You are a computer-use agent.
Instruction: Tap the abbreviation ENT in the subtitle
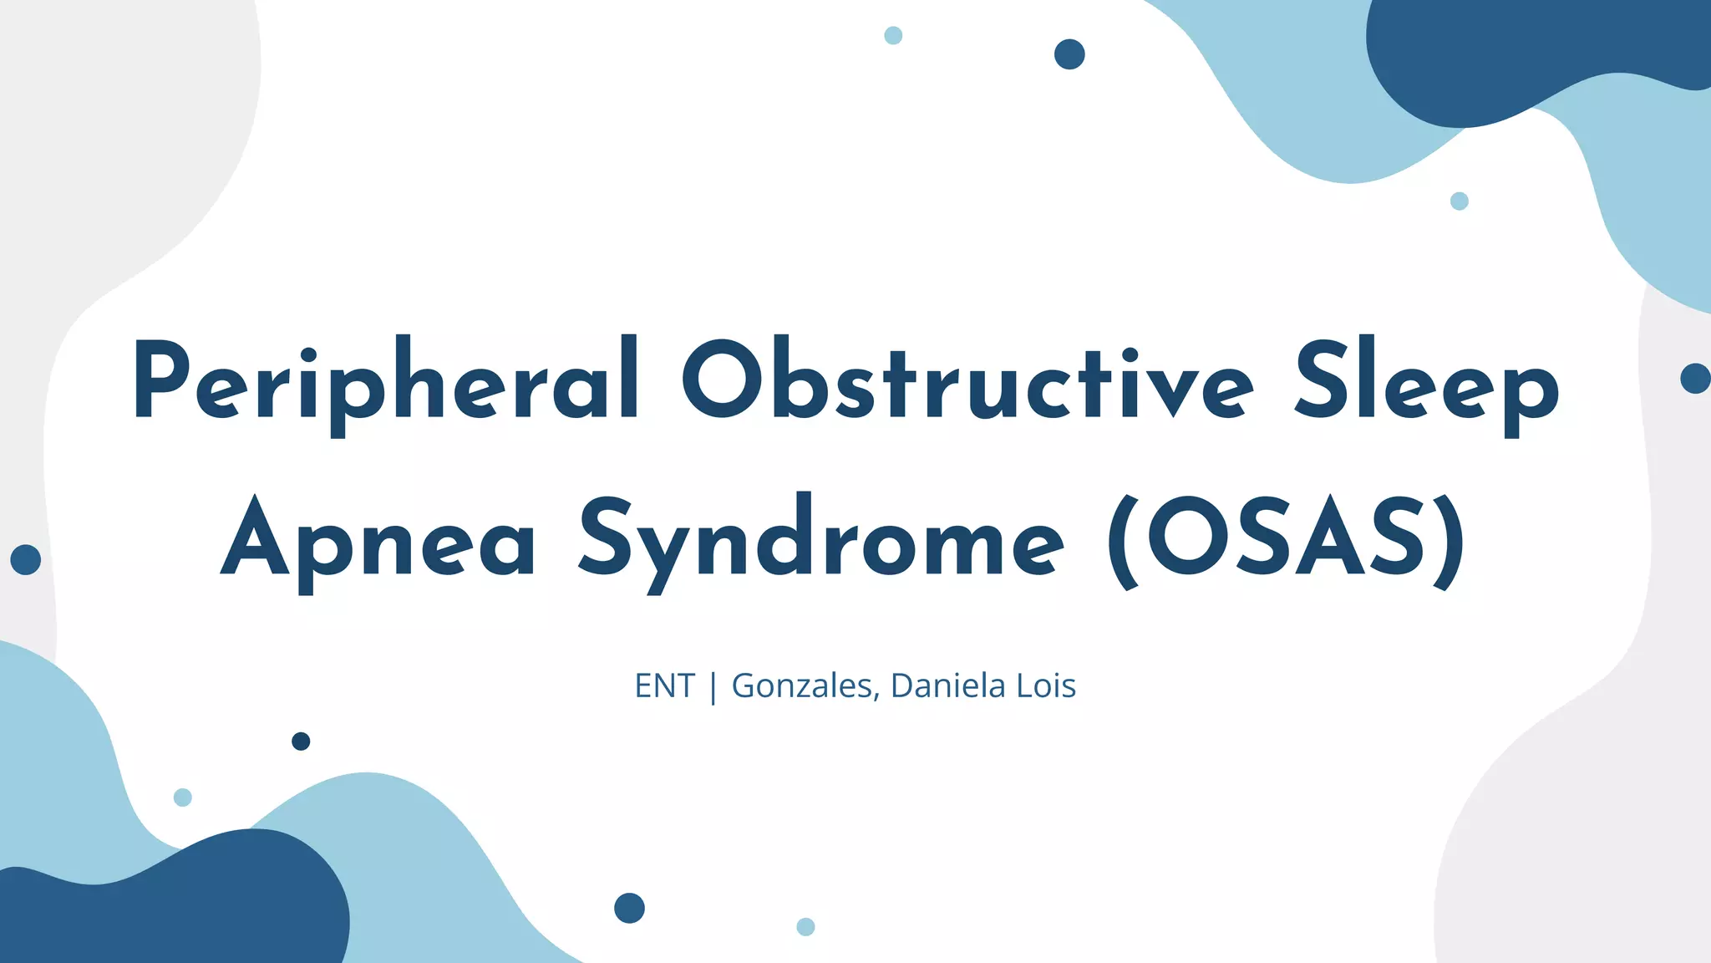click(x=664, y=686)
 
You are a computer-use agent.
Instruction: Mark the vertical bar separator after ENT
click(x=713, y=688)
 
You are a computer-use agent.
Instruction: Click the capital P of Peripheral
click(x=159, y=380)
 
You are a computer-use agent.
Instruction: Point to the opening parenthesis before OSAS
click(x=1125, y=542)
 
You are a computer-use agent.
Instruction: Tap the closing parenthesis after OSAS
click(x=1450, y=542)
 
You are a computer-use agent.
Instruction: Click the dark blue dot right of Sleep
click(x=1695, y=379)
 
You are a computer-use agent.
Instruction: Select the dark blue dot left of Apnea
click(x=26, y=559)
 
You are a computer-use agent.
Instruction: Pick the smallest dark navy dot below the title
click(x=301, y=741)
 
